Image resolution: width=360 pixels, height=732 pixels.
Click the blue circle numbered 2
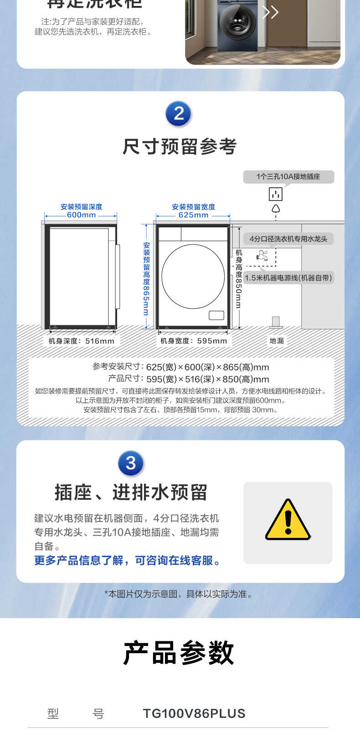click(179, 113)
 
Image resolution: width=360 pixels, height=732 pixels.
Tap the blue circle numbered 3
click(131, 463)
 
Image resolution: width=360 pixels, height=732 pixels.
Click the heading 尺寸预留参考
click(180, 147)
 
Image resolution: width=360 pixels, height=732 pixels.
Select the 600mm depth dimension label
click(81, 215)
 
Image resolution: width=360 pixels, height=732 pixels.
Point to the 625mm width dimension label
click(193, 215)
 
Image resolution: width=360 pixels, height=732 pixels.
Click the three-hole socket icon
click(275, 194)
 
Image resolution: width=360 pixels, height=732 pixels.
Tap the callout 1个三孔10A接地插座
click(288, 177)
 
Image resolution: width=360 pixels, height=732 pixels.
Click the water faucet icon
click(262, 256)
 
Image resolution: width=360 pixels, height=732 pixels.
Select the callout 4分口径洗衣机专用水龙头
click(288, 239)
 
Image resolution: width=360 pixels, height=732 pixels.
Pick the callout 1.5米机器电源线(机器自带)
click(288, 278)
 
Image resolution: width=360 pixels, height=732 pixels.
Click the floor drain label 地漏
click(277, 341)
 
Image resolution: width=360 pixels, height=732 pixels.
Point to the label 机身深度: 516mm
click(82, 341)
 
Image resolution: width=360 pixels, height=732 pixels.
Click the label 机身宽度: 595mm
click(193, 341)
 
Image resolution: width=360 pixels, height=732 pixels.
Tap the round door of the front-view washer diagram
click(193, 276)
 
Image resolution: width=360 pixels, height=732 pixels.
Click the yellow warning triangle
click(288, 521)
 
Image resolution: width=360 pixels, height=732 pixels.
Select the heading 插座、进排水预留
click(131, 492)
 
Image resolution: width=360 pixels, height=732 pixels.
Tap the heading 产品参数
click(179, 653)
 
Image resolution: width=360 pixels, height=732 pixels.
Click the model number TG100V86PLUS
click(194, 713)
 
